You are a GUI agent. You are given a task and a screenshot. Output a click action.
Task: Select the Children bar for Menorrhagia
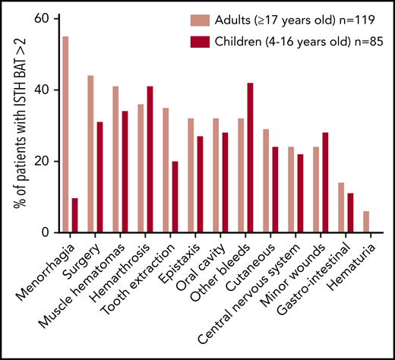point(74,216)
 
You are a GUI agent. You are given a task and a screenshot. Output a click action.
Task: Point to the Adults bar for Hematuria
point(367,222)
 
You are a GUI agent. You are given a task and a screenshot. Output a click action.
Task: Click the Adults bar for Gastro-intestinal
point(342,207)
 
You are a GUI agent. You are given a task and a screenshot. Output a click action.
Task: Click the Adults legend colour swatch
point(208,18)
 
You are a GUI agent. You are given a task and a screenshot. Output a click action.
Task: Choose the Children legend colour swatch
point(208,37)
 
